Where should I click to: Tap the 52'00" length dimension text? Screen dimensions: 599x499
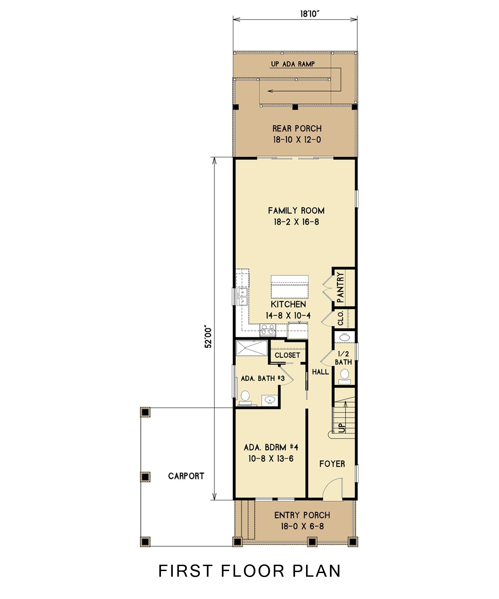(x=208, y=336)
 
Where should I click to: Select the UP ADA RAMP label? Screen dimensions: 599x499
(x=292, y=64)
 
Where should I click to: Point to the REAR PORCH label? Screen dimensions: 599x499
(x=297, y=128)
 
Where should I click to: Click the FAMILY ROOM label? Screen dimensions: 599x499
(x=296, y=210)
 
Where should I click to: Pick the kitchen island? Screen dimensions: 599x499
(x=289, y=287)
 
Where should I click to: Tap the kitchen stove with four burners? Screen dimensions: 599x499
(x=268, y=329)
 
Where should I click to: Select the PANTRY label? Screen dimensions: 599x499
(x=340, y=287)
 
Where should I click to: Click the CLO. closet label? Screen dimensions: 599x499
(x=341, y=318)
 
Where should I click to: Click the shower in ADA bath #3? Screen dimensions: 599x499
(x=251, y=348)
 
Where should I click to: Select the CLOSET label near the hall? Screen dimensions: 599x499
(x=287, y=355)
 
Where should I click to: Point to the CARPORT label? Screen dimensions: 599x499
(x=186, y=476)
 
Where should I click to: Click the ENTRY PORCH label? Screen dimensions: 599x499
(x=302, y=515)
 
